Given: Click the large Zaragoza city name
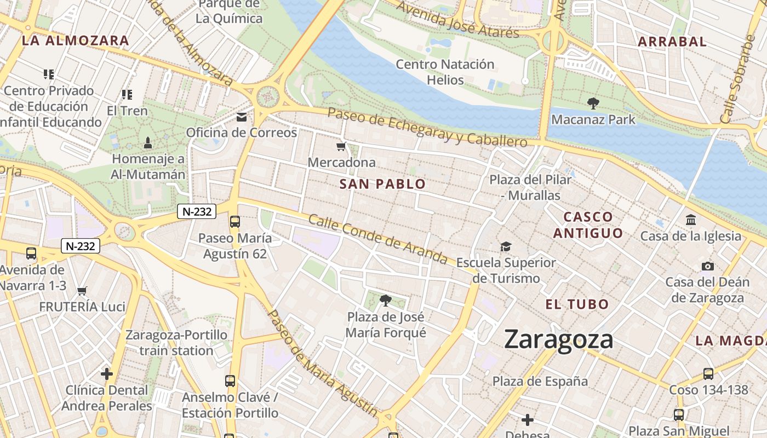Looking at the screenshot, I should pos(558,339).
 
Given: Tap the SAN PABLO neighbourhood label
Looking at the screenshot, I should pos(382,184).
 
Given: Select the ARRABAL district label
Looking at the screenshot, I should pos(672,42).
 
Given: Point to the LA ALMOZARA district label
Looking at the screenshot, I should pos(76,41).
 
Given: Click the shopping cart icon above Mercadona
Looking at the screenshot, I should pos(341,147).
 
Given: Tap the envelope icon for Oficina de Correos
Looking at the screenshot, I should pos(242,117).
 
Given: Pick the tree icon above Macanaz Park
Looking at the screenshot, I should pos(593,103).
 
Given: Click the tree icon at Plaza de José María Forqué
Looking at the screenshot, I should pos(386,301).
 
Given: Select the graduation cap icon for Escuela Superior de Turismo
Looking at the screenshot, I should pos(505,247).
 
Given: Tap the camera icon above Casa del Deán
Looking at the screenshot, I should pos(707,267).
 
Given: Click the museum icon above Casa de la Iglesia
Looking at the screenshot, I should pos(691,220).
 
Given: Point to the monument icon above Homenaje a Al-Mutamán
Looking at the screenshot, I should pos(147,143).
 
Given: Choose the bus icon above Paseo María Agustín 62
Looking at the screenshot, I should pos(235,222).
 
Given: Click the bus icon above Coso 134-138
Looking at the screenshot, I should pos(708,374).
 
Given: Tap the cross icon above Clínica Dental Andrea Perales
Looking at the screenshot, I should pos(107,374).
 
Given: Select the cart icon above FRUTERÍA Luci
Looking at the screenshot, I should pos(82,291).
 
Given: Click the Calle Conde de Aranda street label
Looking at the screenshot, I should pos(378,239).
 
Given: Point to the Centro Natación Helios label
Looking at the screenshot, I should pos(445,72).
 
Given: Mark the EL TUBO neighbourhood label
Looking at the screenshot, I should pos(577,304).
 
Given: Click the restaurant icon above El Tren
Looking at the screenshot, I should pos(127,95).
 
